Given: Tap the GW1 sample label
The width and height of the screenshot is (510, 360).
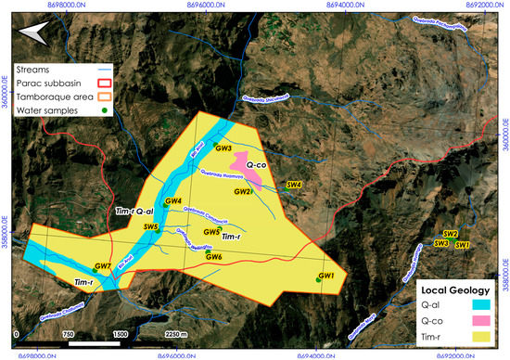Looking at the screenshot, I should tap(325, 276).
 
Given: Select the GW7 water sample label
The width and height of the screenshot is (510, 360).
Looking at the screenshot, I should tap(103, 267).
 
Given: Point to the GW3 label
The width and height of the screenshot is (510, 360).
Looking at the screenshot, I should tap(223, 148).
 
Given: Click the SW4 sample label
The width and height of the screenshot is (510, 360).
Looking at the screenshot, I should tap(295, 185).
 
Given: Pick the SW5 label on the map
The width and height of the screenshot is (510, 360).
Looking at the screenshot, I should tap(151, 226).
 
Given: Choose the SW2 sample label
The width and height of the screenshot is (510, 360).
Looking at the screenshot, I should tap(451, 233).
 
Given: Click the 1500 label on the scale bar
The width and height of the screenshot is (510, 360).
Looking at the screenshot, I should tap(120, 334).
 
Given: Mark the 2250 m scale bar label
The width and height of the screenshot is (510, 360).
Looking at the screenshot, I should tap(173, 334).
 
